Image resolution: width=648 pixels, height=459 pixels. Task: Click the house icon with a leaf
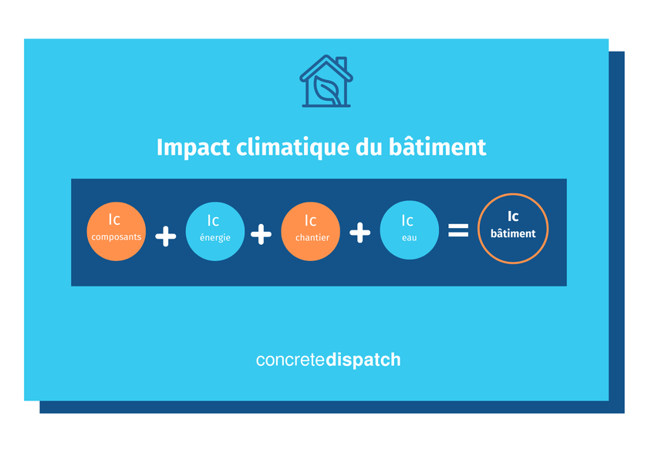point(326,81)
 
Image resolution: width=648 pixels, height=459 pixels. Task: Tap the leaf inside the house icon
point(326,90)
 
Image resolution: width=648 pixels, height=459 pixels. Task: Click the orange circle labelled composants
point(116,231)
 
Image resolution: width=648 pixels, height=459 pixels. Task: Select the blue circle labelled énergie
point(215,231)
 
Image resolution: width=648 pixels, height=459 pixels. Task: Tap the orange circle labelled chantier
point(311,231)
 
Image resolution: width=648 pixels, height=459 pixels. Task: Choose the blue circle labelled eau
point(409,231)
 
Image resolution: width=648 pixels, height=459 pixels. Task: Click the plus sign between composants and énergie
point(166,236)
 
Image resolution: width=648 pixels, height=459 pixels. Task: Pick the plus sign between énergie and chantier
point(262,234)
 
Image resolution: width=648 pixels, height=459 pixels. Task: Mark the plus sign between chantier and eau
point(360,233)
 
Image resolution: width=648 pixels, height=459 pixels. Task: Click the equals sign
point(458,229)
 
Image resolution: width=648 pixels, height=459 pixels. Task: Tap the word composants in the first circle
point(116,237)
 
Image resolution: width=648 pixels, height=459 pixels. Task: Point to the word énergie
point(215,238)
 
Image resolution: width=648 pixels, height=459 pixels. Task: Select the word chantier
point(312,238)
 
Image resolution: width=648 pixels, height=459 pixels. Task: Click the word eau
point(409,238)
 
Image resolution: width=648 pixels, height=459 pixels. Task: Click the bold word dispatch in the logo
point(363,360)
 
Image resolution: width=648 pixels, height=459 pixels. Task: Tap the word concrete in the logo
point(291,360)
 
